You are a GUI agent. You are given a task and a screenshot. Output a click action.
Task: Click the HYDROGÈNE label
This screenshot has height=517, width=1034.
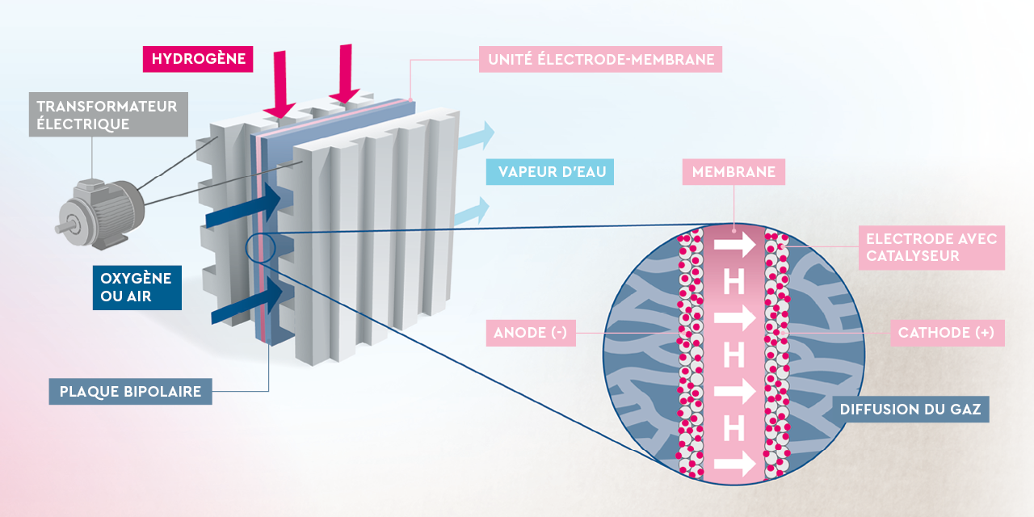tap(198, 59)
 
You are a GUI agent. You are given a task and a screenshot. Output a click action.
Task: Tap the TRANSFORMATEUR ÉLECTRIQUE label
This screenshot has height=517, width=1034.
tap(108, 114)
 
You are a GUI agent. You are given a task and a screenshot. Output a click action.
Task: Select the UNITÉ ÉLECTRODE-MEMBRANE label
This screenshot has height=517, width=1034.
tap(599, 59)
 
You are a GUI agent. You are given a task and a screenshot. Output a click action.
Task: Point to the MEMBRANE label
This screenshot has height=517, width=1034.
tap(733, 172)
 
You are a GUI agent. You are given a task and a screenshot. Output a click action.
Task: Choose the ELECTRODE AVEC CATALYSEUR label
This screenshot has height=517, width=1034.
tap(931, 247)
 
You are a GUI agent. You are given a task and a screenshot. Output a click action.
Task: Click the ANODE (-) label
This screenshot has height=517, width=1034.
tap(531, 333)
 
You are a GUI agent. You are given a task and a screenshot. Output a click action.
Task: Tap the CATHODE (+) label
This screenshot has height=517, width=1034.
tap(947, 333)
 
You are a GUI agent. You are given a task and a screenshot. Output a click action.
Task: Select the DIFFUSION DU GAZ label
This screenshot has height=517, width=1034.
tap(910, 410)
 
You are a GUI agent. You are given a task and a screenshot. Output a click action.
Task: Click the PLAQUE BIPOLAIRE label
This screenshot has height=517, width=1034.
tap(130, 392)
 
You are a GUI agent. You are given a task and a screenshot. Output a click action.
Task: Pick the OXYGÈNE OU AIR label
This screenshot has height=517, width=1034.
tap(136, 288)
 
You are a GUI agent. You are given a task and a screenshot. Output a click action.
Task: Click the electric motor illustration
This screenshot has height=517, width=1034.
tap(101, 212)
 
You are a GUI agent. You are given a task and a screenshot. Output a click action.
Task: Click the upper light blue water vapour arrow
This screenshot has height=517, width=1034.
tap(476, 137)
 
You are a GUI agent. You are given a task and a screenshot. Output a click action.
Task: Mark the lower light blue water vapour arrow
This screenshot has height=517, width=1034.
tap(474, 212)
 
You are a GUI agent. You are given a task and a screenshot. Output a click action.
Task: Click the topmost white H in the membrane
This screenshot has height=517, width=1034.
tap(733, 283)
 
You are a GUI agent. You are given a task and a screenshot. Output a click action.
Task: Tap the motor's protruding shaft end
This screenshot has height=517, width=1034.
tap(61, 229)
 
